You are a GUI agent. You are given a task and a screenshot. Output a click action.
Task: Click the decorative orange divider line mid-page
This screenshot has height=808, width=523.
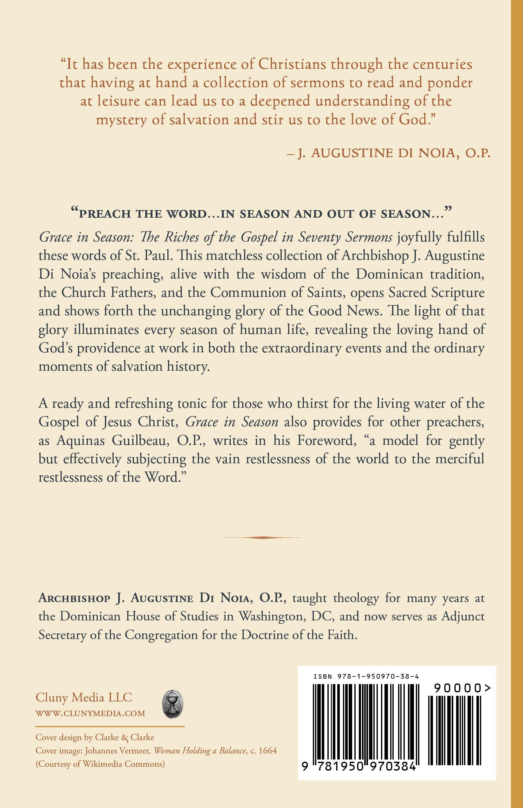261,537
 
